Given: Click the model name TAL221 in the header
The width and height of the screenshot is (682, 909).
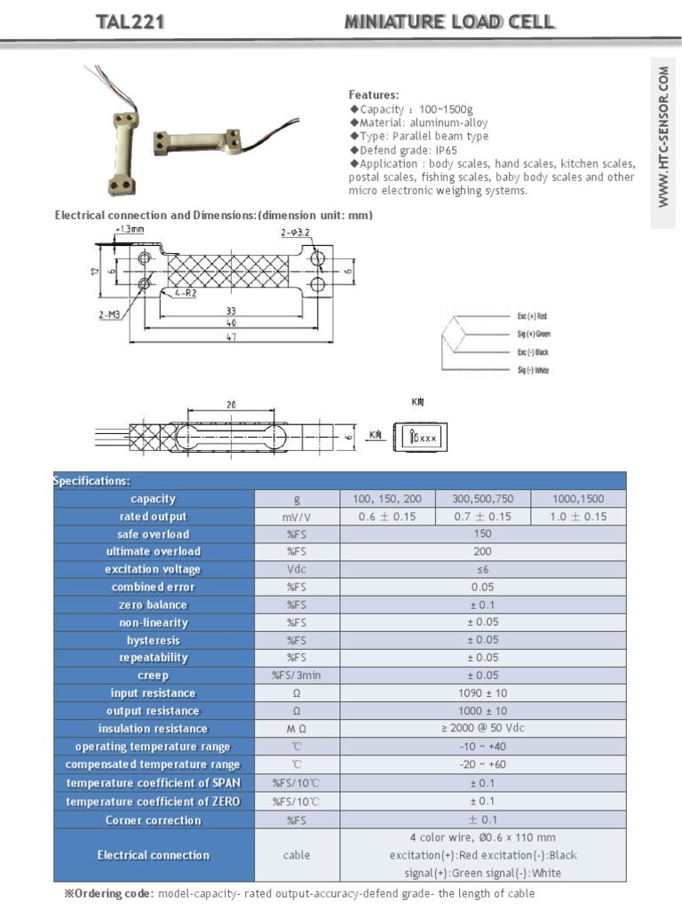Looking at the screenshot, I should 131,22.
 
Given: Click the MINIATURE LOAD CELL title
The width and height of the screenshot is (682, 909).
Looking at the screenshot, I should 449,22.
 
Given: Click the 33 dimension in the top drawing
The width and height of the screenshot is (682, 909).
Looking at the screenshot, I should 230,311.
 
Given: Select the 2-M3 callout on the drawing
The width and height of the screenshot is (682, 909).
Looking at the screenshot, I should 110,314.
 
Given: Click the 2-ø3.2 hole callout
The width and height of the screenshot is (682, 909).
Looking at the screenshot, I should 296,233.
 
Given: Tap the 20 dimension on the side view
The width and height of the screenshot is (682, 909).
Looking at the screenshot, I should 231,405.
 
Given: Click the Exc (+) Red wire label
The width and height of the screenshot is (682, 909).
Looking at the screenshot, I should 533,316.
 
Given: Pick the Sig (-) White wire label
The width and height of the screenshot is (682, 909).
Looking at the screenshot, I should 533,370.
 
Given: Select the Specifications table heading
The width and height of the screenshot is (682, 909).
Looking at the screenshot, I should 91,481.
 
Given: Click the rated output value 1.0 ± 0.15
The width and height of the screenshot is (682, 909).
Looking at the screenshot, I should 578,517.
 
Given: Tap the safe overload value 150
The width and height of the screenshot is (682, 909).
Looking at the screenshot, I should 483,534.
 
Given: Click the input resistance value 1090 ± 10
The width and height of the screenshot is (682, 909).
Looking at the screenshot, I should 483,693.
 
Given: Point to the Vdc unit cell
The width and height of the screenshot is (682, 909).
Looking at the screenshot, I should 297,570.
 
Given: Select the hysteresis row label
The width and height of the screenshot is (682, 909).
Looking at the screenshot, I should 153,640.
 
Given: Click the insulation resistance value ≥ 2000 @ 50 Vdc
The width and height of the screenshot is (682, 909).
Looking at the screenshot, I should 483,729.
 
